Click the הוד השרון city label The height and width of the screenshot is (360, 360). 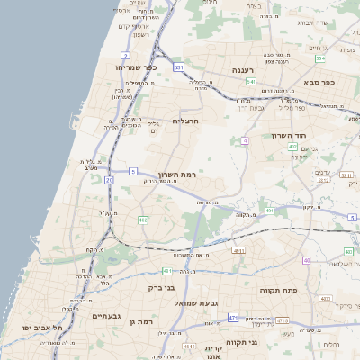[x=290, y=135]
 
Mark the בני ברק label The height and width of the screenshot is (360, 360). [x=162, y=288]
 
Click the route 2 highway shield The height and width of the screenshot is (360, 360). [x=124, y=54]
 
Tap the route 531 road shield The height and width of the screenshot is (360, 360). [x=178, y=67]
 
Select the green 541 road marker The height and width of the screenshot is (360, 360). [x=251, y=82]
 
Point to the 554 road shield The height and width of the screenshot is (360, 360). [x=319, y=58]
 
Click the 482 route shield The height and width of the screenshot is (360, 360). [x=143, y=219]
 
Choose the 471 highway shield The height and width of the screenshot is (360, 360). [x=233, y=318]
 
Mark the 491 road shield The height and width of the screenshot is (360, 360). [x=269, y=211]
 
